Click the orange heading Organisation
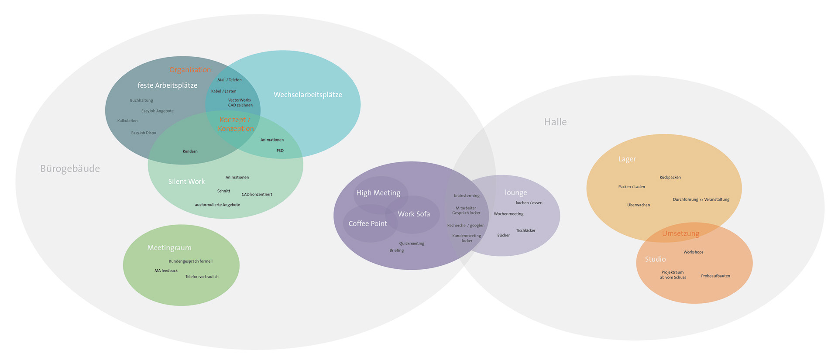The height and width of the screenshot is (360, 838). [x=190, y=70]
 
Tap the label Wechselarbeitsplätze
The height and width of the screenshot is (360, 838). [x=308, y=95]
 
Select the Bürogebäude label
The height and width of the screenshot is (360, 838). [x=70, y=169]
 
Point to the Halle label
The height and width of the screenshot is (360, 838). [x=555, y=122]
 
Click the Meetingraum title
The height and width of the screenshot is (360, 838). [x=169, y=248]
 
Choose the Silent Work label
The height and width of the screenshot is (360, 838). [x=186, y=182]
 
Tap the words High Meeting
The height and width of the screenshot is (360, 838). [x=378, y=193]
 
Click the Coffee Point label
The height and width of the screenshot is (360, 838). [x=367, y=223]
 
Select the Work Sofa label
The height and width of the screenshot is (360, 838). [x=414, y=214]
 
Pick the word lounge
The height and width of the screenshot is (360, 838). [x=516, y=192]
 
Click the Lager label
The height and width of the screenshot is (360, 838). [x=627, y=159]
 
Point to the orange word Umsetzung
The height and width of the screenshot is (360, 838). [x=680, y=233]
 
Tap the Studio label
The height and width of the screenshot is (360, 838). [x=655, y=259]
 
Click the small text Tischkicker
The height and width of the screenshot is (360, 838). [x=525, y=230]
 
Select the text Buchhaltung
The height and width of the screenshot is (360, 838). [x=141, y=100]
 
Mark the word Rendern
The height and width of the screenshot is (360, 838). [x=190, y=151]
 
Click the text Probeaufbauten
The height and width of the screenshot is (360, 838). [x=715, y=276]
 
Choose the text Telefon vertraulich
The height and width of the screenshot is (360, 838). [x=202, y=277]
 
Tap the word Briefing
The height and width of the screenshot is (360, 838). [x=396, y=250]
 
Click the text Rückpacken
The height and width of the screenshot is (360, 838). [x=670, y=178]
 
